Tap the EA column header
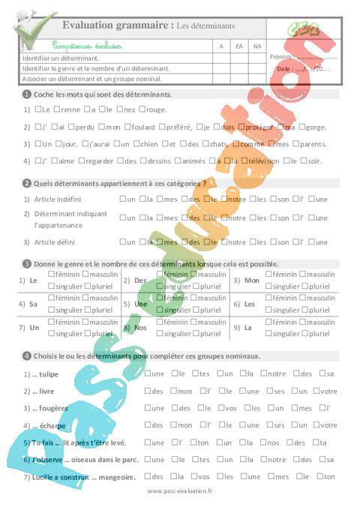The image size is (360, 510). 239,46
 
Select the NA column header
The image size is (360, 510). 257,46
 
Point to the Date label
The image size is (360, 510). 285,68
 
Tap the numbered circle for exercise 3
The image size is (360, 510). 27,264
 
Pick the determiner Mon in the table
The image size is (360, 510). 251,280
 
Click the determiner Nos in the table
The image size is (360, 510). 140,328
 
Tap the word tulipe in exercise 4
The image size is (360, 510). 46,373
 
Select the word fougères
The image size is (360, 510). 50,408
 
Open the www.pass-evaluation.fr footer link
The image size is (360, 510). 180,491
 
